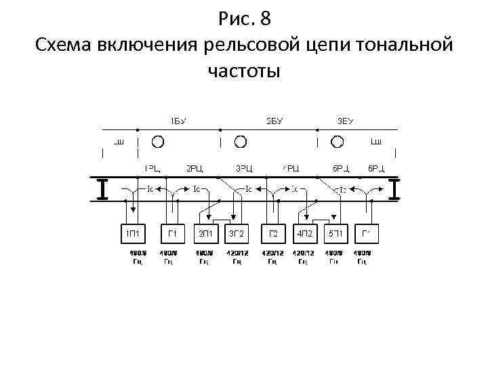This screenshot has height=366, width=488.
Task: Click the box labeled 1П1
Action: click(133, 235)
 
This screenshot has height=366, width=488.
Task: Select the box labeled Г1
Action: click(172, 235)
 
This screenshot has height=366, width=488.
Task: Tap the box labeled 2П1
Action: click(205, 235)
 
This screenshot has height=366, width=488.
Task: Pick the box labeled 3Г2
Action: click(237, 235)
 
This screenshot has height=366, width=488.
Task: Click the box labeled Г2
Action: click(272, 235)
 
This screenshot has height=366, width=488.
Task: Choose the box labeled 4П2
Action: click(304, 235)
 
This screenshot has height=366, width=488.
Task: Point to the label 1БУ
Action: click(178, 121)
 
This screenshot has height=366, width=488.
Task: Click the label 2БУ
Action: click(274, 121)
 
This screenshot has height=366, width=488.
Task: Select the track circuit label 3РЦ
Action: click(244, 168)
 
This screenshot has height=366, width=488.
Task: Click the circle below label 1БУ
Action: click(157, 141)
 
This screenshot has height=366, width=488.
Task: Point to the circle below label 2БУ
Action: click(241, 141)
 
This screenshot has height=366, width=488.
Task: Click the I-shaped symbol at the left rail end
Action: click(102, 189)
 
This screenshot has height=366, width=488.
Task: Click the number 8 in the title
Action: click(265, 18)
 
